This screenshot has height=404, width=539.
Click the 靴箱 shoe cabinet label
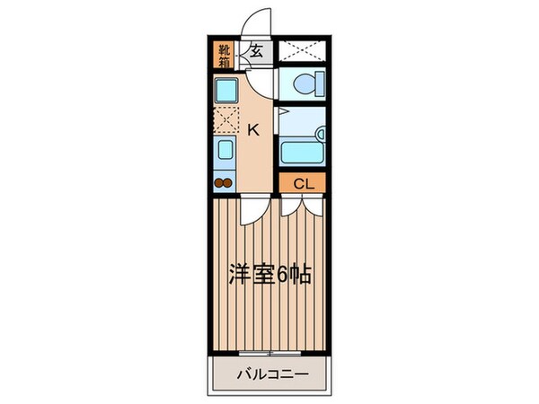223,56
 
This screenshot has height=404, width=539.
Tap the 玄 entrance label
257,52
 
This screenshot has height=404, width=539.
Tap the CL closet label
303,184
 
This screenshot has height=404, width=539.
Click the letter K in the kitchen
253,129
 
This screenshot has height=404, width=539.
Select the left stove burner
218,185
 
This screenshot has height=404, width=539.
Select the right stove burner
228,185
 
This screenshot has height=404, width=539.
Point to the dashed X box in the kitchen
224,119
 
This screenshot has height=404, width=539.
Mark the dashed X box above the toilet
302,52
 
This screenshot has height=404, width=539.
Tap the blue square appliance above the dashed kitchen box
224,90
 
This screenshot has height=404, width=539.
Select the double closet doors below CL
301,206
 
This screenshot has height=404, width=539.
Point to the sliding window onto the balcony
269,353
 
